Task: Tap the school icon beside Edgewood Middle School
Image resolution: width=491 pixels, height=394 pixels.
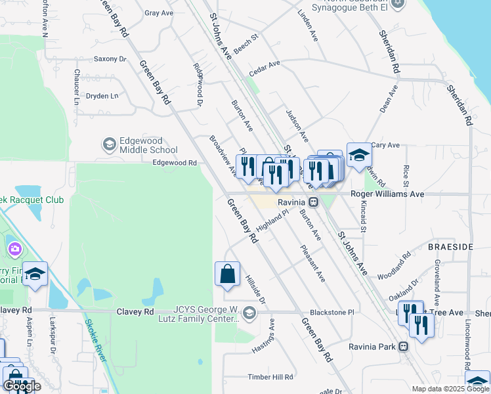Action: (x=109, y=144)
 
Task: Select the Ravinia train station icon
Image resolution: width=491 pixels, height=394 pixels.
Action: (x=314, y=202)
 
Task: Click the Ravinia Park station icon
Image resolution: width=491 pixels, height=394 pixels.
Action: (x=404, y=346)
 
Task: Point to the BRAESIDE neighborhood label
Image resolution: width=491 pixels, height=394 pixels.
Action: (x=450, y=246)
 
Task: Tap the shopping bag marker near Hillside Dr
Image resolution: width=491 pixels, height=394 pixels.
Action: (x=227, y=274)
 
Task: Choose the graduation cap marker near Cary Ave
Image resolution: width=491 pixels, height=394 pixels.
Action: (x=359, y=156)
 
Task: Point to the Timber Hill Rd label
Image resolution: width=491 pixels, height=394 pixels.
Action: (x=270, y=377)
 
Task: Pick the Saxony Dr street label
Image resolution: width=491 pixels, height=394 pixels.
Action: (x=110, y=59)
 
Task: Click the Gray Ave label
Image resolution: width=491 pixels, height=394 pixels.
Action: (x=159, y=13)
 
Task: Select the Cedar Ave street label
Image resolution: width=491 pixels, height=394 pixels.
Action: (x=265, y=66)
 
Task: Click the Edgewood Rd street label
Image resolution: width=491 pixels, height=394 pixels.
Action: (x=175, y=163)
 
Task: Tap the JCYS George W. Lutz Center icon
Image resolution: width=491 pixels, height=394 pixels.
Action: (x=249, y=313)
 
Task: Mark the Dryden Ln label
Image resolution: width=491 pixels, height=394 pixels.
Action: (x=102, y=96)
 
